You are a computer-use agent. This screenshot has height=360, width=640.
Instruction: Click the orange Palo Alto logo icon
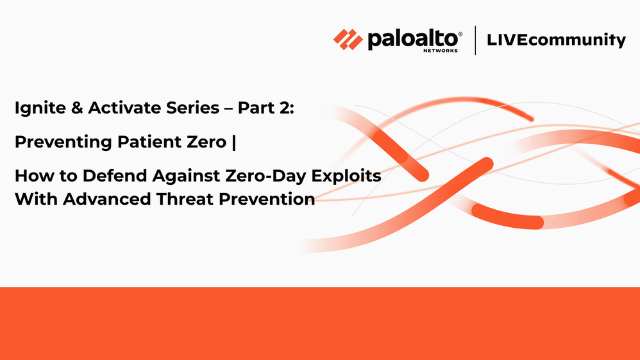pos(348,39)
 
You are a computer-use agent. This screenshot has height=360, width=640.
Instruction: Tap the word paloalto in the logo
pos(412,39)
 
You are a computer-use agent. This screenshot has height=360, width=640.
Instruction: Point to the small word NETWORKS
pos(441,51)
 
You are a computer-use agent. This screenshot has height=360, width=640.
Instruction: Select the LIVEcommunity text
pos(557,40)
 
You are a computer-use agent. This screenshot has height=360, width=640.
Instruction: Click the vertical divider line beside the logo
pos(475,40)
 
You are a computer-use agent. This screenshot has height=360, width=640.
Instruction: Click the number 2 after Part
pos(284,108)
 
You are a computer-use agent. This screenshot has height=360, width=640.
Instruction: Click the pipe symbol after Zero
pos(234,142)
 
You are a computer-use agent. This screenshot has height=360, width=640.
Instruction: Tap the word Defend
pos(115,176)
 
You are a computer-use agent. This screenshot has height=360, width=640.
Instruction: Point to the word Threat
pos(185,199)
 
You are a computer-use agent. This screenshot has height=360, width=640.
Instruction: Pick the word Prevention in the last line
pos(267,199)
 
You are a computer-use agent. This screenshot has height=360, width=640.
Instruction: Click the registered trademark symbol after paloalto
pos(460,34)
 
